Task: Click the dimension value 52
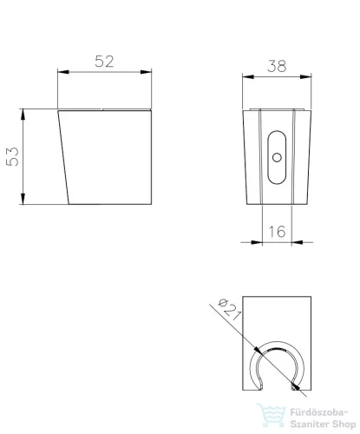coord(104,62)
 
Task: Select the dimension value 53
coord(12,156)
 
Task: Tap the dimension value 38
coord(277,66)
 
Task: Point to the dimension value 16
coord(277,232)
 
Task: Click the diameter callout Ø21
coord(229,309)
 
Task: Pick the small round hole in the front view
coord(277,158)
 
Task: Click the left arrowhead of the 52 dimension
coord(63,72)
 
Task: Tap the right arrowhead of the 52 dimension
coord(146,72)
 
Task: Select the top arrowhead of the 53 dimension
coord(23,115)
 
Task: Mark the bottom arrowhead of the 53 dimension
coord(23,199)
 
